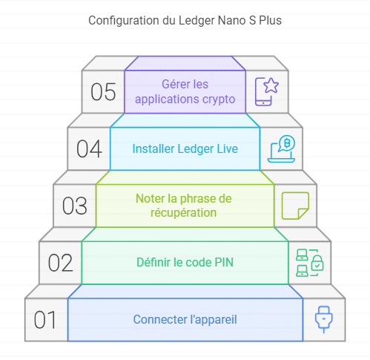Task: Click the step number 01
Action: pos(45,320)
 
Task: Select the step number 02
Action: pos(60,263)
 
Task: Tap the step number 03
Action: pos(75,206)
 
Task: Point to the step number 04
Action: pos(89,149)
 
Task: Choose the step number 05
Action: pos(103,92)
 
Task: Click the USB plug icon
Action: pos(324,319)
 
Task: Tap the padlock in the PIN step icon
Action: pos(317,264)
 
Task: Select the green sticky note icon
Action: pos(295,206)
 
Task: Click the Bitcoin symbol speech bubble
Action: pos(286,143)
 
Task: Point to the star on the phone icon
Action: pos(271,85)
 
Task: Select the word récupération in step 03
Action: pos(184,213)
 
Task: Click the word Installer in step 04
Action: pos(153,149)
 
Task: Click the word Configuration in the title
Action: pos(124,21)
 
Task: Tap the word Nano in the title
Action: pos(232,21)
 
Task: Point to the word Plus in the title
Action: pos(270,21)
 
